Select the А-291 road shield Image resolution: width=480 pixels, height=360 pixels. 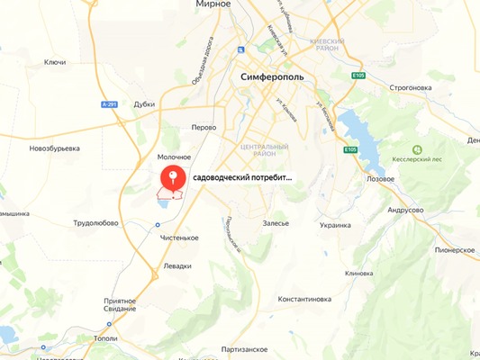(x=109, y=104)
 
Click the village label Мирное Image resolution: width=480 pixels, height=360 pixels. (x=213, y=4)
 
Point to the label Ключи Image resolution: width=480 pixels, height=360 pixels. (x=55, y=62)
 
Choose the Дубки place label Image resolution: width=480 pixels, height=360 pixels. (x=144, y=104)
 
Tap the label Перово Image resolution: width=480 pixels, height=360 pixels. (x=204, y=127)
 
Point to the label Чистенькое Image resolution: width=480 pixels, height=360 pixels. (x=178, y=238)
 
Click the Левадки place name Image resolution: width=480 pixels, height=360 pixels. (x=177, y=266)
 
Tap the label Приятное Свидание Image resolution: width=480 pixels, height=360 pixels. (x=119, y=305)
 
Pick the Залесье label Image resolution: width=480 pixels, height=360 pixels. (x=276, y=222)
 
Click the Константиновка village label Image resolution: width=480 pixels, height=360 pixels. (x=304, y=298)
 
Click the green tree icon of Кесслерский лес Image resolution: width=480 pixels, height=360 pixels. (x=417, y=149)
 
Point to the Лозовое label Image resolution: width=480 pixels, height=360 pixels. (x=380, y=178)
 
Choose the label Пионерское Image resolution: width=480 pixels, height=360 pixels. (x=454, y=249)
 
